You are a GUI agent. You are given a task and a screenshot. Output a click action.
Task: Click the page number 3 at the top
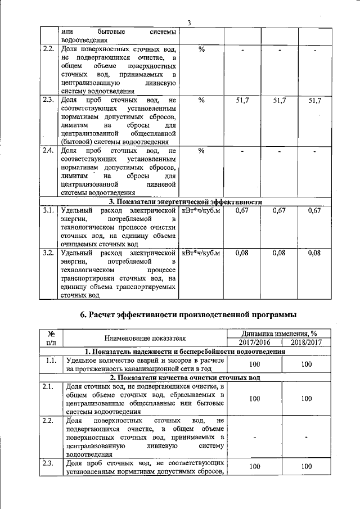point(190,22)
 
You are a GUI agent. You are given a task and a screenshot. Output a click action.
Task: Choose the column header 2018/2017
point(307,343)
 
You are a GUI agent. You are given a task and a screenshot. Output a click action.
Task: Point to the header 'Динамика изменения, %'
point(280,334)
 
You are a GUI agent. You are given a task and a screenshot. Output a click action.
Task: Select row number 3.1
point(48,211)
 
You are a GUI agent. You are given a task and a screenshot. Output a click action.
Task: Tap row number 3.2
point(48,253)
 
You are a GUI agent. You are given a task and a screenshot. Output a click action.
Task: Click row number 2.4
point(48,151)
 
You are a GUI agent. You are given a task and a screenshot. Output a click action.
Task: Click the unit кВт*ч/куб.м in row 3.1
point(201,211)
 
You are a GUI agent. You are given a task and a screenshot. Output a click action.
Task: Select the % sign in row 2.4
point(201,151)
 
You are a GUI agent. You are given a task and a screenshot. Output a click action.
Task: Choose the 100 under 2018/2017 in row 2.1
point(307,399)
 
